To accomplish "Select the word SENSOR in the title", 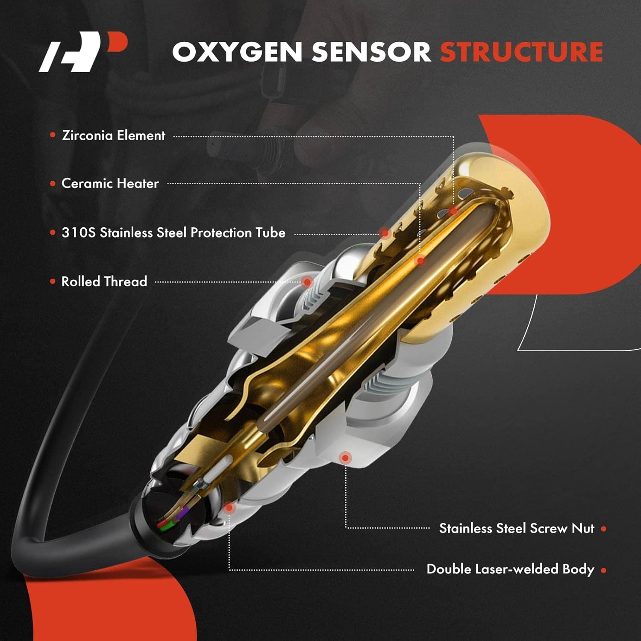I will (x=371, y=52).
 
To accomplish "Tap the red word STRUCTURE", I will (x=521, y=52).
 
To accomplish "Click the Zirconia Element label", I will (x=114, y=135).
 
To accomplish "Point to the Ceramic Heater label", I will (x=110, y=184).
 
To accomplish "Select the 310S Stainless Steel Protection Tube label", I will (x=173, y=233).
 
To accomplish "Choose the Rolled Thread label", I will (x=104, y=282).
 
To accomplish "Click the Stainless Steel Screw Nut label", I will (x=517, y=529).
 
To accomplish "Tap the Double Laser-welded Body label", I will (x=510, y=569).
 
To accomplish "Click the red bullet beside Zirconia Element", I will (x=53, y=135).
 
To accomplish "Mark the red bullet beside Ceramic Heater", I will (x=53, y=184).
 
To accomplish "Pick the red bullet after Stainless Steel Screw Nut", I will (x=603, y=529).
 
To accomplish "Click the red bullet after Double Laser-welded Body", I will (x=603, y=570).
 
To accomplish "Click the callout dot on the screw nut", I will (x=345, y=458).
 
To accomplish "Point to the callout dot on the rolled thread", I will (x=307, y=282).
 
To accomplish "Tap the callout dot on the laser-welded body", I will (x=229, y=508).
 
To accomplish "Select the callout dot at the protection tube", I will (x=385, y=233).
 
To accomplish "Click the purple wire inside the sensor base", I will (x=185, y=512).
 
